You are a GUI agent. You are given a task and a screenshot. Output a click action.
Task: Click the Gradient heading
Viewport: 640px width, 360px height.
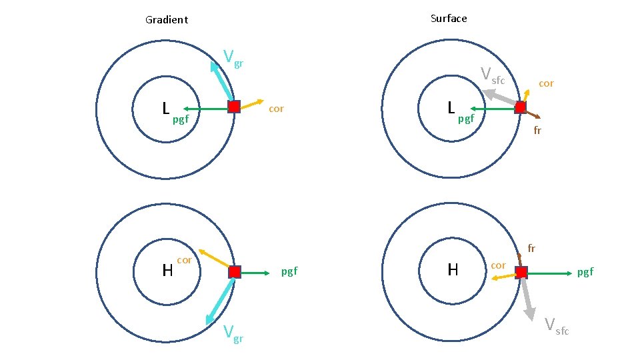(167, 20)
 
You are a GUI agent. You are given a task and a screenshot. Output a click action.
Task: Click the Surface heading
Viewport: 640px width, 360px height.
(449, 19)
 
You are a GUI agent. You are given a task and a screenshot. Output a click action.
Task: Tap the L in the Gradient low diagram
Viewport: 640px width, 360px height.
(166, 107)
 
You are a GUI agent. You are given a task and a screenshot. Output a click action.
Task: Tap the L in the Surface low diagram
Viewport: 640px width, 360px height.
(451, 107)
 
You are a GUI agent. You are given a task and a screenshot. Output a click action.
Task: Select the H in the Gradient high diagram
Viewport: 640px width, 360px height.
(167, 271)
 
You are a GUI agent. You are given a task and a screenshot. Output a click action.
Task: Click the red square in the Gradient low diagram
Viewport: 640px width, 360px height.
(233, 107)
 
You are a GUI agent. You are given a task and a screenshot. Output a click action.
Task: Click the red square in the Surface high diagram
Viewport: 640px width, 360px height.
(521, 272)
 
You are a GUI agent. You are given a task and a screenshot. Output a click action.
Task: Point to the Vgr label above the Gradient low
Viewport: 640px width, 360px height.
(233, 59)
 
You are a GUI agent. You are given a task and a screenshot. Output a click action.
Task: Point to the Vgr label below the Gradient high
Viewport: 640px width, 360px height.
(233, 333)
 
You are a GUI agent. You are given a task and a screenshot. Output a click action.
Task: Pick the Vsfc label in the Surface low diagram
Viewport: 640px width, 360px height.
(493, 76)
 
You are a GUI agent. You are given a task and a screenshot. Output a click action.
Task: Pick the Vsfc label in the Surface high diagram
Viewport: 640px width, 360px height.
(557, 326)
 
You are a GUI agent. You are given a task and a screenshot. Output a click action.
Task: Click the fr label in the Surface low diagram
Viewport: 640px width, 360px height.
(537, 131)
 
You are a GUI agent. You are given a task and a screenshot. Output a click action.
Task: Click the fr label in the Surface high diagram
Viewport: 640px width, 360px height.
(531, 249)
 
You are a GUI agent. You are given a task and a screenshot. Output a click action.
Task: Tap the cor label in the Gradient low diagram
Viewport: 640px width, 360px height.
(276, 109)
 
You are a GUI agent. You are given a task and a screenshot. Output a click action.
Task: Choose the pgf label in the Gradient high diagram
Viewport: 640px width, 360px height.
(289, 271)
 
